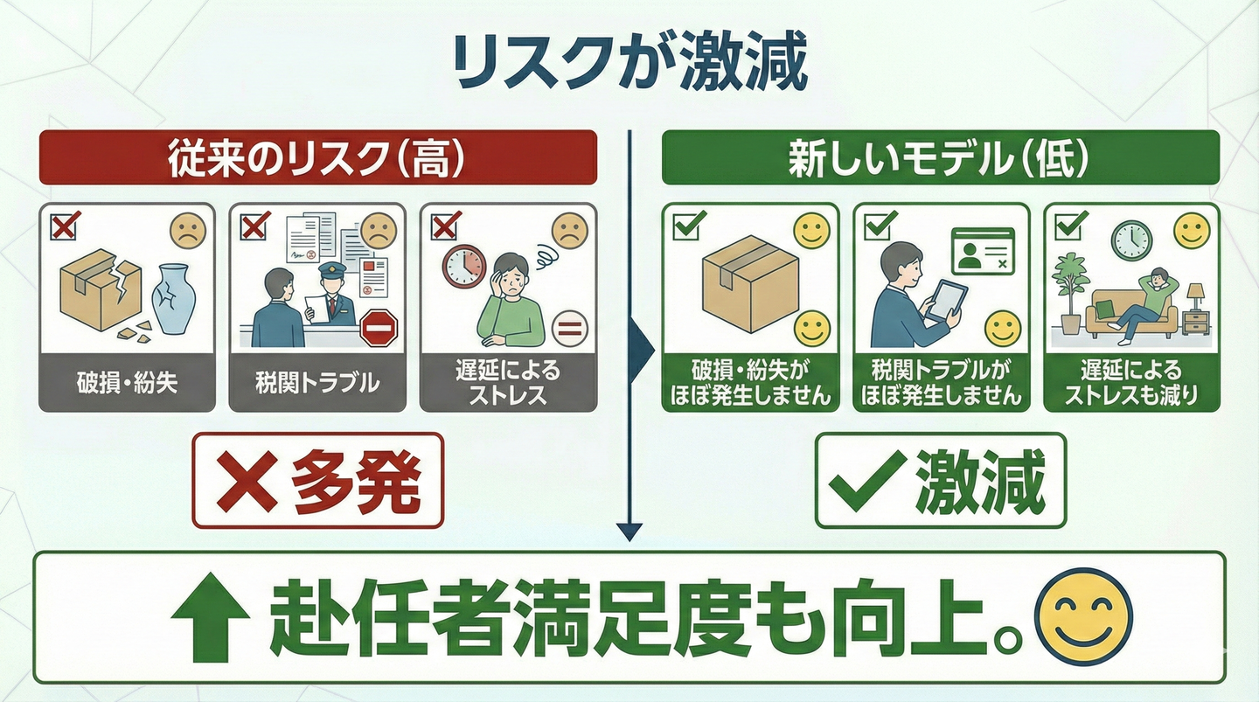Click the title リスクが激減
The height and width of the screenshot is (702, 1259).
629,63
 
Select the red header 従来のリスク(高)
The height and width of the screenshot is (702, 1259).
317,157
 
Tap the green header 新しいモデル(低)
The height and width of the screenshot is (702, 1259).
940,157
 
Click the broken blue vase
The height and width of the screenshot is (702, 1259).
173,299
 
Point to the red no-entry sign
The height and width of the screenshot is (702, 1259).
379,328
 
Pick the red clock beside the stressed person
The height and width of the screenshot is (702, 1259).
463,265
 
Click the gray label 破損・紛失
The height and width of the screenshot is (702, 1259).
127,383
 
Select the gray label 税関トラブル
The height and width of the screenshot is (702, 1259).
316,383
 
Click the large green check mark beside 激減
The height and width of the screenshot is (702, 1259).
866,481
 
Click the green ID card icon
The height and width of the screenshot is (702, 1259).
984,252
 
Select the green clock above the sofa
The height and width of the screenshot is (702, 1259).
1131,239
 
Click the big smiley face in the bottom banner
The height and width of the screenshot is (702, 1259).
1082,616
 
